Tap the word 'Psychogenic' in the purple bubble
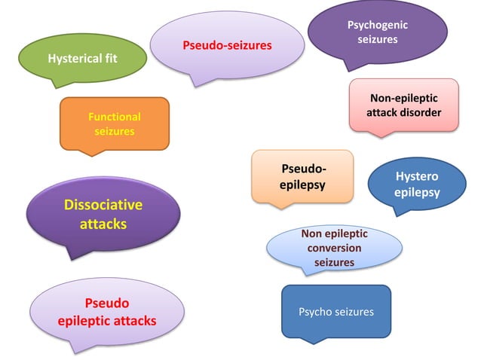click(x=377, y=26)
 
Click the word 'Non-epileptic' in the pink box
click(x=403, y=99)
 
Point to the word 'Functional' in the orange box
click(x=115, y=117)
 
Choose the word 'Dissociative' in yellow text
click(x=103, y=205)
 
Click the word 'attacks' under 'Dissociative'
click(x=103, y=224)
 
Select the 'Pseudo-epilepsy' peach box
click(x=302, y=176)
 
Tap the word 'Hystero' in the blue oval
click(x=417, y=177)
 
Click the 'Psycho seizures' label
click(x=336, y=311)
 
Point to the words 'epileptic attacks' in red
click(x=107, y=321)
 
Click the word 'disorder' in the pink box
click(x=423, y=113)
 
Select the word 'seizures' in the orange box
click(x=115, y=131)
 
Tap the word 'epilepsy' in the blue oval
click(x=417, y=193)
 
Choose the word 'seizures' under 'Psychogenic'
click(x=377, y=39)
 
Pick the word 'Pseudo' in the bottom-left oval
click(x=106, y=304)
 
